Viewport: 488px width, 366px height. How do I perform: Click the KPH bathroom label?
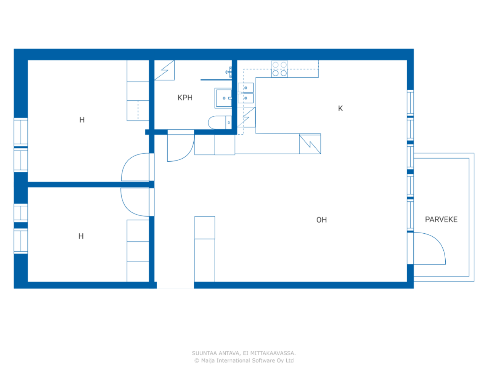(x=185, y=98)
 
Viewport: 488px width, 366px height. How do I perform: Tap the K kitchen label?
(x=340, y=108)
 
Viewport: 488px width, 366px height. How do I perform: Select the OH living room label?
(x=321, y=220)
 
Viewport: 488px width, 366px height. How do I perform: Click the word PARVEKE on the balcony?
(x=441, y=219)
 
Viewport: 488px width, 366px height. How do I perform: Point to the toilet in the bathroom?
(x=220, y=122)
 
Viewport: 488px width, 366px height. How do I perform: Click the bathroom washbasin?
(x=223, y=98)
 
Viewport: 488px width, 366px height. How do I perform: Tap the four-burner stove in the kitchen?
(x=279, y=69)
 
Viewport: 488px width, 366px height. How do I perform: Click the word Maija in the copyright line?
(x=208, y=361)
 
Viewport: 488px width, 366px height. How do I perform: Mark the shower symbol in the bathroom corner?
(x=164, y=70)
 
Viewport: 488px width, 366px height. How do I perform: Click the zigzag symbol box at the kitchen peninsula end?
(x=310, y=144)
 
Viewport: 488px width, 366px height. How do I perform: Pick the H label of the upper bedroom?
(x=82, y=120)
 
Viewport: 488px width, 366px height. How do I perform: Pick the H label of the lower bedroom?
(x=81, y=236)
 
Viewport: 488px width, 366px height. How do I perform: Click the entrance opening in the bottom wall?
(x=175, y=285)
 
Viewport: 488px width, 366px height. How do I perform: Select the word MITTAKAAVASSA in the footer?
(x=273, y=353)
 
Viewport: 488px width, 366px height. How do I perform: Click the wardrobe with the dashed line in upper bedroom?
(x=138, y=111)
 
